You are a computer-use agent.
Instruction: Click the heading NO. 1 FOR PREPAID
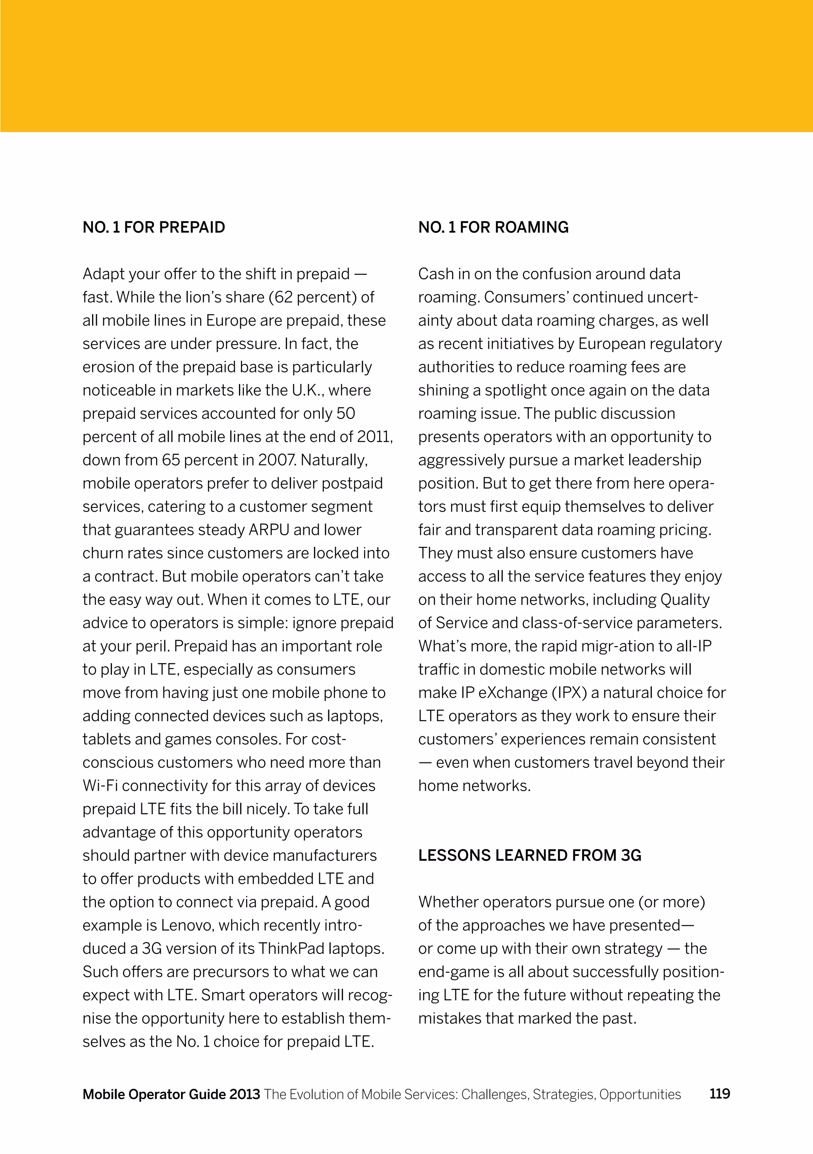[154, 227]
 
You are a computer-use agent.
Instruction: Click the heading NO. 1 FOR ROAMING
[493, 227]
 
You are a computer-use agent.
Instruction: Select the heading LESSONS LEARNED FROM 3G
[530, 855]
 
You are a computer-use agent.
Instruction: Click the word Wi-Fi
[100, 785]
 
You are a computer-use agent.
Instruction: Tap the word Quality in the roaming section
[685, 600]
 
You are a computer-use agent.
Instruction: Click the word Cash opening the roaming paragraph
[436, 274]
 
